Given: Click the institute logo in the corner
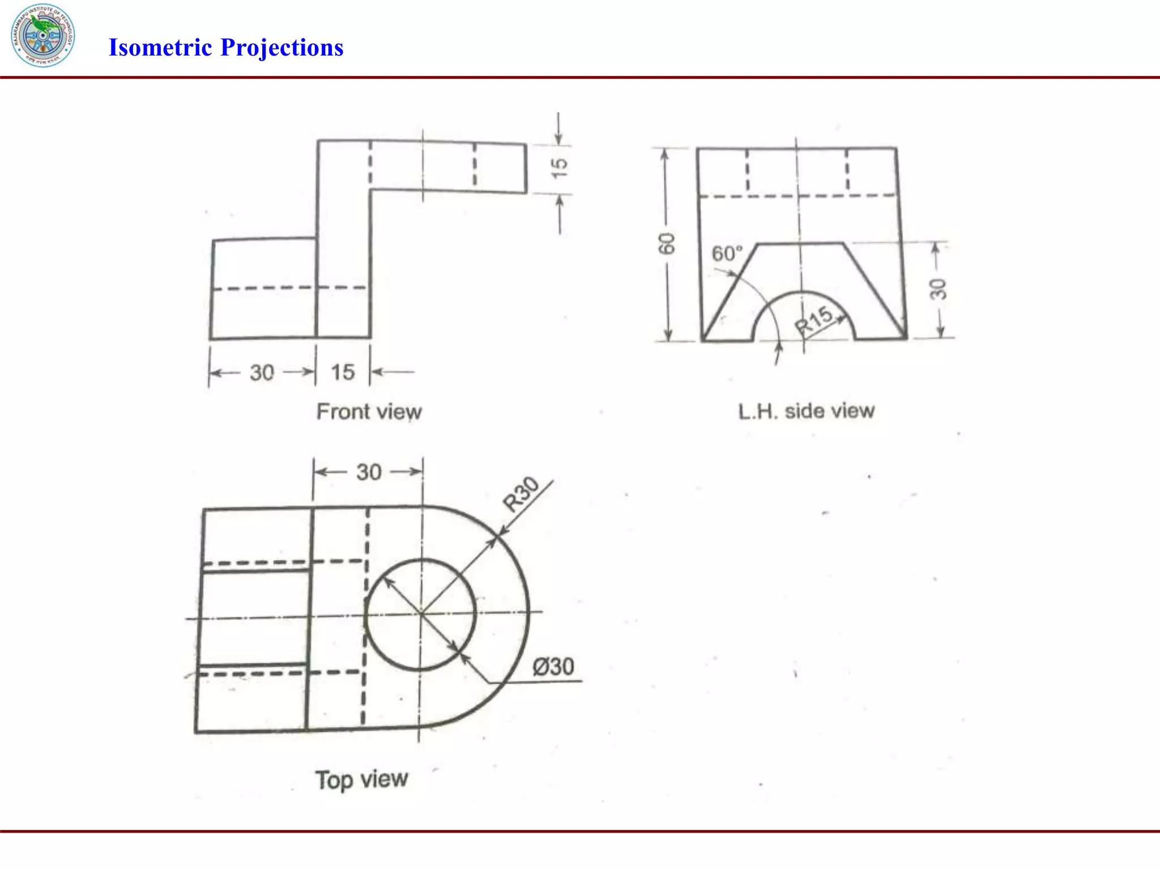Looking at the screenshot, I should [42, 35].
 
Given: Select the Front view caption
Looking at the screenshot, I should [369, 412].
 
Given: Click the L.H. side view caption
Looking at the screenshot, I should [806, 411].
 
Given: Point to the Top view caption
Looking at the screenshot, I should [361, 779].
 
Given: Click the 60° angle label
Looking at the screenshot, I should [727, 253].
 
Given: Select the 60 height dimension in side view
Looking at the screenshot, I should [667, 244].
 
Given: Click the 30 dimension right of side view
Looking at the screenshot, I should [937, 289].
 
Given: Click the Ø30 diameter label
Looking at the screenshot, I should [553, 667].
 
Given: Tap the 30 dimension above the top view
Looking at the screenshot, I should [369, 472].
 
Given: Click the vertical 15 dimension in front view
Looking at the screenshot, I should [559, 168].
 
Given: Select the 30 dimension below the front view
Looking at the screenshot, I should [262, 373].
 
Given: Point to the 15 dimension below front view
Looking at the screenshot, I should [343, 373].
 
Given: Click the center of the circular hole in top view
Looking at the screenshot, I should [421, 614].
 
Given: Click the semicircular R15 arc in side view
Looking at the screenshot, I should [803, 292].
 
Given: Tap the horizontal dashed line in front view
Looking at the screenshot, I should [289, 288].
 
